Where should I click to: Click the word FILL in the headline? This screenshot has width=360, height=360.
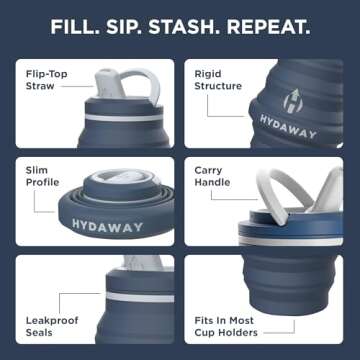pyautogui.click(x=81, y=25)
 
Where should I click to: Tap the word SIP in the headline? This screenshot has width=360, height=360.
pyautogui.click(x=137, y=25)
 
